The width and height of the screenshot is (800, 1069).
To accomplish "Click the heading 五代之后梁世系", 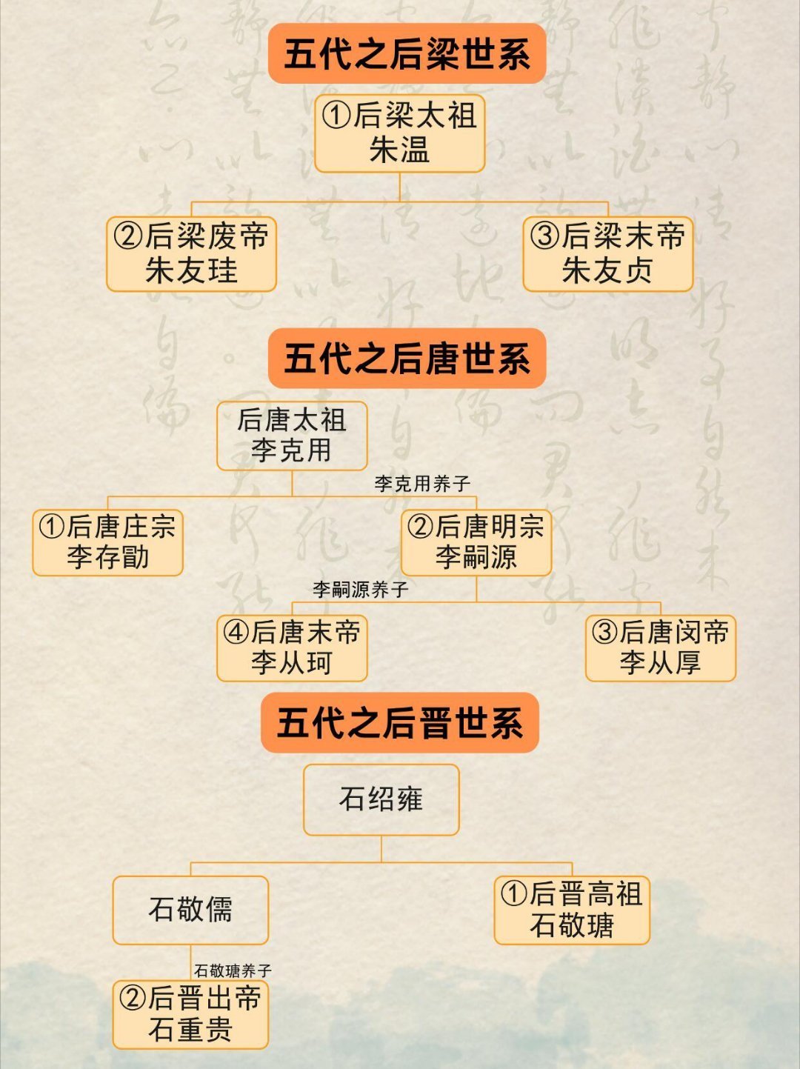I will click(x=407, y=53).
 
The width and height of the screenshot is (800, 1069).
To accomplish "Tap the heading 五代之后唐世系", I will click(x=407, y=359).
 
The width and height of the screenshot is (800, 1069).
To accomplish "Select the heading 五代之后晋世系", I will click(x=399, y=723).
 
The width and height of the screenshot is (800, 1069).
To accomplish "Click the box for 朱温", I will click(x=399, y=133).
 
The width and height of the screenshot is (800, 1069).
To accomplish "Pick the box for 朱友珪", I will click(x=191, y=253).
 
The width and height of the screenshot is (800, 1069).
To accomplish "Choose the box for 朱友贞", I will click(x=607, y=253).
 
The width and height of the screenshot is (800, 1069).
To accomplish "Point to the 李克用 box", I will click(x=292, y=436).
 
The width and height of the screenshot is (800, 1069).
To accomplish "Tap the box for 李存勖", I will click(x=107, y=542).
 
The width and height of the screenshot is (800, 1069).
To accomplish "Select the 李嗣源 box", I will click(x=476, y=542).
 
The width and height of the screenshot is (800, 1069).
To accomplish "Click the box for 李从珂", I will click(x=292, y=648).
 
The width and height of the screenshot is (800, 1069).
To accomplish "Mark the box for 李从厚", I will click(x=660, y=648).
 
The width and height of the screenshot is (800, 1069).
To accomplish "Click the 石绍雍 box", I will click(x=381, y=799).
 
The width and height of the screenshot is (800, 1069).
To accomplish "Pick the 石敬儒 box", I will click(x=190, y=910).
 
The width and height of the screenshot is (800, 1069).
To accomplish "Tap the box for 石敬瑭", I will click(x=572, y=910).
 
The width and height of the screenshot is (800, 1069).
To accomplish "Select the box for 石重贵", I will click(x=190, y=1014).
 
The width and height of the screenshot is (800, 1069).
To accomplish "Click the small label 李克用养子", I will click(x=422, y=484).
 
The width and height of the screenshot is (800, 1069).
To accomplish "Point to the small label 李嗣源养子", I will click(x=360, y=590).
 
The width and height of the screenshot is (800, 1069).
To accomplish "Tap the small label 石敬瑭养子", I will click(x=233, y=970).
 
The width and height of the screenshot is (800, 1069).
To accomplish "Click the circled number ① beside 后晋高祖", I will click(x=514, y=893).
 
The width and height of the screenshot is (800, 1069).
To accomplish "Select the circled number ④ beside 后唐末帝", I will click(x=236, y=632).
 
